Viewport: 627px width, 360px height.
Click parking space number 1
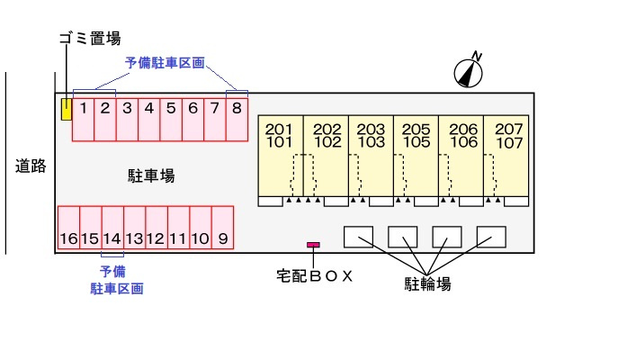83,119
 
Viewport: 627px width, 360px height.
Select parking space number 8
237,119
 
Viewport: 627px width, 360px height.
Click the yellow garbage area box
66,110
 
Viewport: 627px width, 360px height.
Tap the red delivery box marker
313,245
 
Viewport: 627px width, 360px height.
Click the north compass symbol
469,72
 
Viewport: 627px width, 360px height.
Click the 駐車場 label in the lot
150,175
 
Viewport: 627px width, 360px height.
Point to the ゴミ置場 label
89,38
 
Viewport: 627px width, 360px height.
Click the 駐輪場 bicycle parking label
427,284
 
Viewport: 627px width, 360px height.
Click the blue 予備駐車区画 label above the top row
165,63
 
